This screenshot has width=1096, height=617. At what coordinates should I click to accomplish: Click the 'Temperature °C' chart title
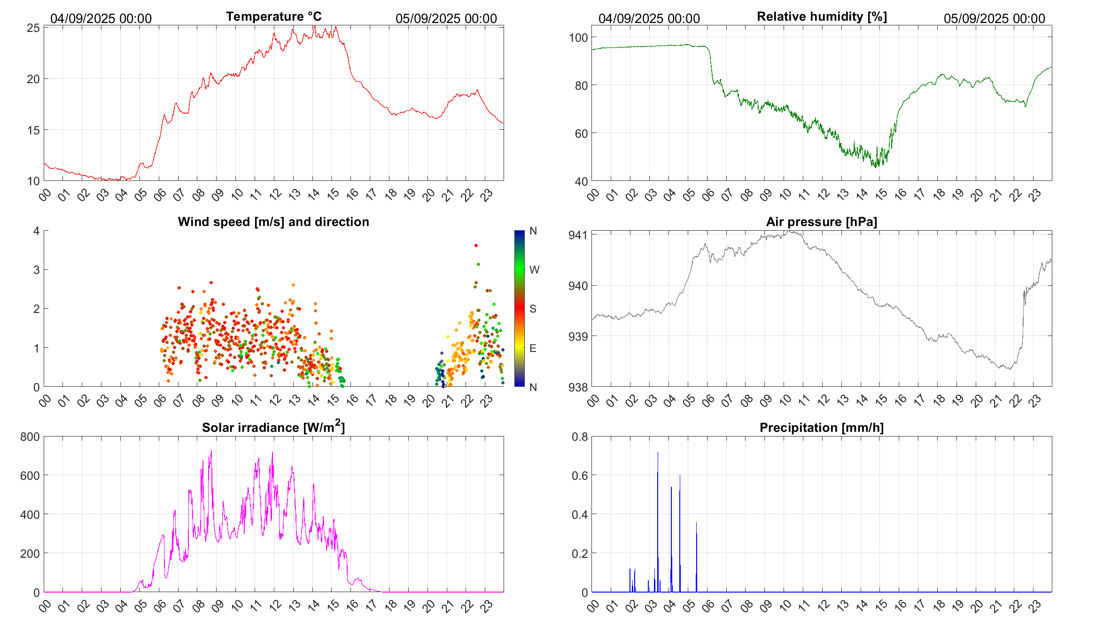[x=273, y=16]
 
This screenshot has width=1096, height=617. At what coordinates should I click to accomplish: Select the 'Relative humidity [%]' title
[x=822, y=16]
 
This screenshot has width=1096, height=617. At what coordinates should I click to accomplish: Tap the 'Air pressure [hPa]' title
[x=821, y=222]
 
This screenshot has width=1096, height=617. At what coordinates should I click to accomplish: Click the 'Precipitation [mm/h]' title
[x=821, y=428]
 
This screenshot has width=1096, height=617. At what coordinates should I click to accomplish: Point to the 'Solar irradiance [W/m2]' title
[x=273, y=427]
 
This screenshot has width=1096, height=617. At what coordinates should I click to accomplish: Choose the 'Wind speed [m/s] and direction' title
[x=273, y=222]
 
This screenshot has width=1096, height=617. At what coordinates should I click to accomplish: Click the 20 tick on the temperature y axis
[x=33, y=79]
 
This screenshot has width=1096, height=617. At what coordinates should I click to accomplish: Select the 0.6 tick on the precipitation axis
[x=579, y=476]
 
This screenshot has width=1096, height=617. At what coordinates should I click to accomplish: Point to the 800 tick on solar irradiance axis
[x=30, y=437]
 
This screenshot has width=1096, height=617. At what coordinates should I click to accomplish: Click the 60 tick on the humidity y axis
[x=581, y=133]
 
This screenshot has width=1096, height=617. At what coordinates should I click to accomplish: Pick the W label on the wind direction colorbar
[x=534, y=270]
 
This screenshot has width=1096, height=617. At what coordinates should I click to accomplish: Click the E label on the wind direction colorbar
[x=533, y=348]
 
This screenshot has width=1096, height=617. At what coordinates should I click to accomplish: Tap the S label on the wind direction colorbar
[x=533, y=309]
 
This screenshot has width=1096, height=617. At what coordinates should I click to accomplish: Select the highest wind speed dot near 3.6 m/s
[x=476, y=245]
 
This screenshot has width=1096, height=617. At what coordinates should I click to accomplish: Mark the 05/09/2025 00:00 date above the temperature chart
[x=446, y=18]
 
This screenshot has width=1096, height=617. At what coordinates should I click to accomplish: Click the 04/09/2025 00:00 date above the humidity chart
[x=649, y=18]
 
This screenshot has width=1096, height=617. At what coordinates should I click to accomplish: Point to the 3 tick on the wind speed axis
[x=36, y=270]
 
